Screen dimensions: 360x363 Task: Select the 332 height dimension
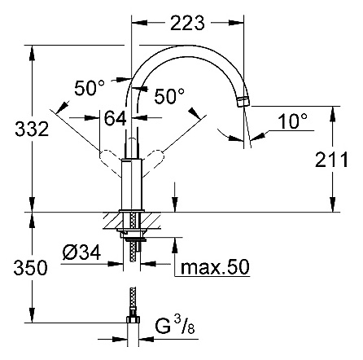click(16, 128)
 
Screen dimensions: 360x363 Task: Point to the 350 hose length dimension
click(16, 267)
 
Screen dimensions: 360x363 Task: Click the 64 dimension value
click(114, 118)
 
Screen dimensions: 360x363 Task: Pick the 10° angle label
click(292, 121)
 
